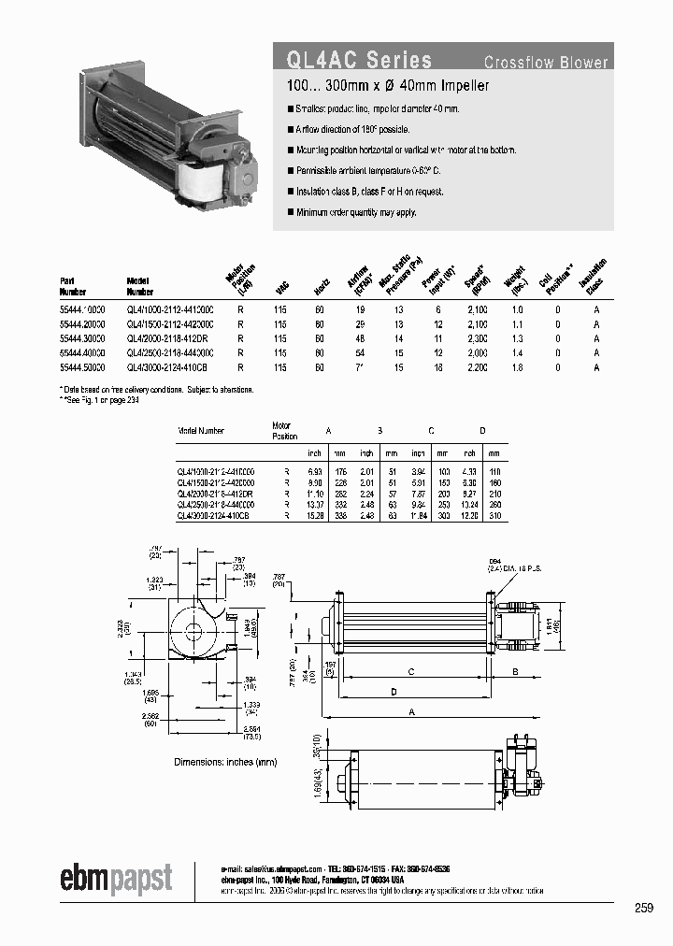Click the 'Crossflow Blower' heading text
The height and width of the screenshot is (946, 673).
[x=546, y=63]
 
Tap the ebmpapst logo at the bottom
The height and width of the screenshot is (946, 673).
[x=117, y=879]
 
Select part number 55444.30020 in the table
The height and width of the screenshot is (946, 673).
[x=82, y=338]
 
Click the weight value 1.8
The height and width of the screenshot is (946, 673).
[x=517, y=368]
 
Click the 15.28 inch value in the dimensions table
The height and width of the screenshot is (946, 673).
[x=318, y=514]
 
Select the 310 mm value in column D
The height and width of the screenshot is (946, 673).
[x=495, y=514]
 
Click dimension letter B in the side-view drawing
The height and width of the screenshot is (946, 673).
[x=515, y=671]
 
